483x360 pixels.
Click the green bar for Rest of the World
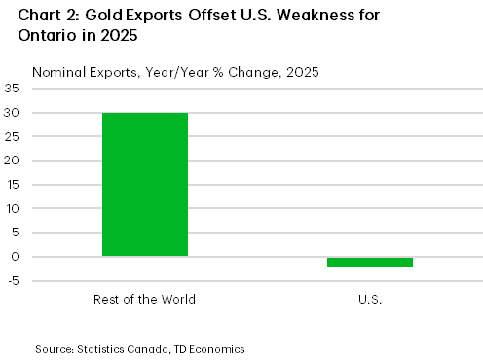click(145, 184)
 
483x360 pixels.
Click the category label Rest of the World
click(145, 299)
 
